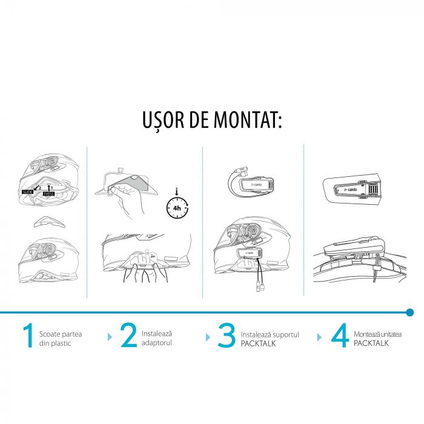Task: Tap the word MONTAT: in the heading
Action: tap(248, 121)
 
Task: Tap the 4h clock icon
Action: tap(177, 208)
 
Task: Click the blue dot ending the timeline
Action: tap(410, 313)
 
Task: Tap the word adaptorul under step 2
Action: tap(156, 343)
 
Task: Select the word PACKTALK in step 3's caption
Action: tap(258, 343)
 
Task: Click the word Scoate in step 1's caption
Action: tap(51, 334)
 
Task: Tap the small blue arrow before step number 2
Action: tap(110, 336)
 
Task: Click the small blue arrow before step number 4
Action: tap(319, 336)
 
